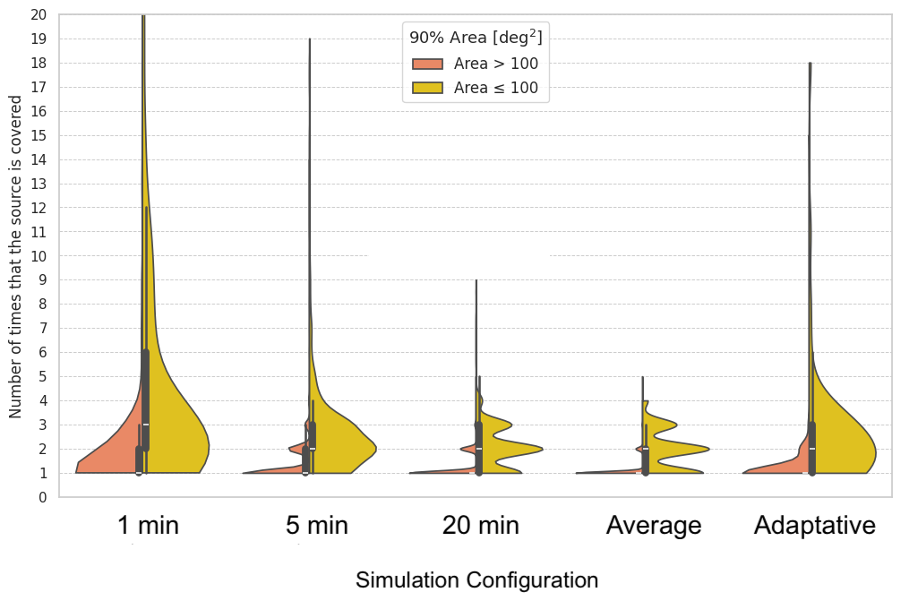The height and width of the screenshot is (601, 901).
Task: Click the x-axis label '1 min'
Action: pyautogui.click(x=149, y=525)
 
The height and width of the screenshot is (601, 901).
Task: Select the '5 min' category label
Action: pyautogui.click(x=317, y=525)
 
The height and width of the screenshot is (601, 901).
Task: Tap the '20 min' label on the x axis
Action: pyautogui.click(x=481, y=525)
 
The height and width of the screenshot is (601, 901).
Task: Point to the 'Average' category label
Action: pyautogui.click(x=654, y=525)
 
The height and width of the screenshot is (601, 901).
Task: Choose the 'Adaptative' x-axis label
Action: pyautogui.click(x=815, y=525)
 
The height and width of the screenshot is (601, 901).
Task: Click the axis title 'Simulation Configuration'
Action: pyautogui.click(x=477, y=580)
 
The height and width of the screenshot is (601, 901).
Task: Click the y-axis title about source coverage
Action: pyautogui.click(x=15, y=256)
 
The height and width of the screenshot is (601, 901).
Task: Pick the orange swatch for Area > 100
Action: pyautogui.click(x=427, y=64)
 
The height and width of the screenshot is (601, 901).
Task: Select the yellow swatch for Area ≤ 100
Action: pyautogui.click(x=427, y=88)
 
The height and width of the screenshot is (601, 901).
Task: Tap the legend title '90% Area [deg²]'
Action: pyautogui.click(x=476, y=37)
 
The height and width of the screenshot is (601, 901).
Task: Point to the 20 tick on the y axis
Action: pyautogui.click(x=39, y=15)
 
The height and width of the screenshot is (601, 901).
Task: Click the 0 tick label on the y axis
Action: pyautogui.click(x=42, y=498)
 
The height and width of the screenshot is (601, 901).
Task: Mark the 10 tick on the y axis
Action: pyautogui.click(x=39, y=256)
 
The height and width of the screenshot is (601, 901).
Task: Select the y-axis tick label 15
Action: pyautogui.click(x=39, y=135)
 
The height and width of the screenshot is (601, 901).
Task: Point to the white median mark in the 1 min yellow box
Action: pyautogui.click(x=145, y=425)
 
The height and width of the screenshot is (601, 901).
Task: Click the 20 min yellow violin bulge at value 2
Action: pyautogui.click(x=511, y=449)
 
